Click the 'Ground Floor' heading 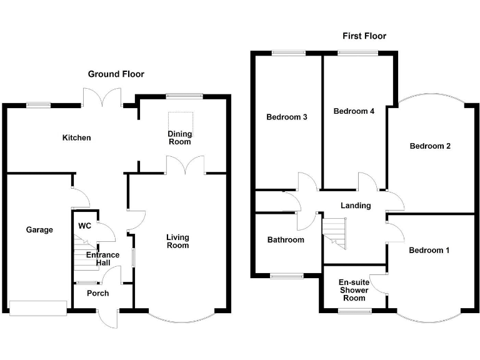click(116, 74)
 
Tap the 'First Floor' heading click(364, 36)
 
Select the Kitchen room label click(76, 137)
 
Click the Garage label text click(39, 229)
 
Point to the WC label click(85, 226)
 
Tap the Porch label click(97, 293)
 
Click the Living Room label click(177, 241)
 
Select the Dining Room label click(179, 137)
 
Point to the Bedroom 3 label click(286, 117)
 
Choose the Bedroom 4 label click(354, 111)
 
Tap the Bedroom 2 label click(430, 146)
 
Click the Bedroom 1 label click(429, 250)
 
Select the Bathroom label click(286, 239)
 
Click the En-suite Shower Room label click(352, 290)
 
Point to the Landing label click(356, 205)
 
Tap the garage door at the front click(38, 307)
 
